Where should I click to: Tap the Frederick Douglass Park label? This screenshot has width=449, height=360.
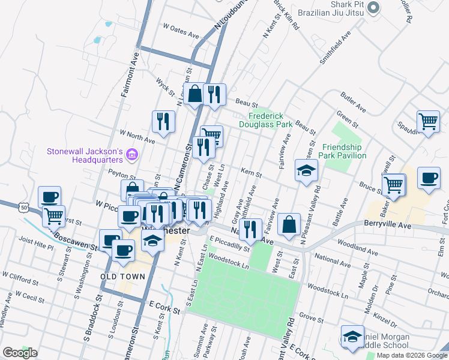pos(270,120)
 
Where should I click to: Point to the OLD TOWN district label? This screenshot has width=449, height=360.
pos(122,277)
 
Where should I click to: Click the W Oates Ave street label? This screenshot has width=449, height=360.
pos(181,31)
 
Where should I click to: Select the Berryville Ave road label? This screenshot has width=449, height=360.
pos(387,224)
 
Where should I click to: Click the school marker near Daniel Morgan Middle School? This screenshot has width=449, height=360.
pos(352,336)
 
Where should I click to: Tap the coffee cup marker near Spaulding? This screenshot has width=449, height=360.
pos(429,178)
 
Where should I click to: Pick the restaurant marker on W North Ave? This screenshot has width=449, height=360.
pos(163,122)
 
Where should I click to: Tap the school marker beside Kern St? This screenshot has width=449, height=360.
pos(306,170)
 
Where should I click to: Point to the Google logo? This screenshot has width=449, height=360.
pos(20,353)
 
